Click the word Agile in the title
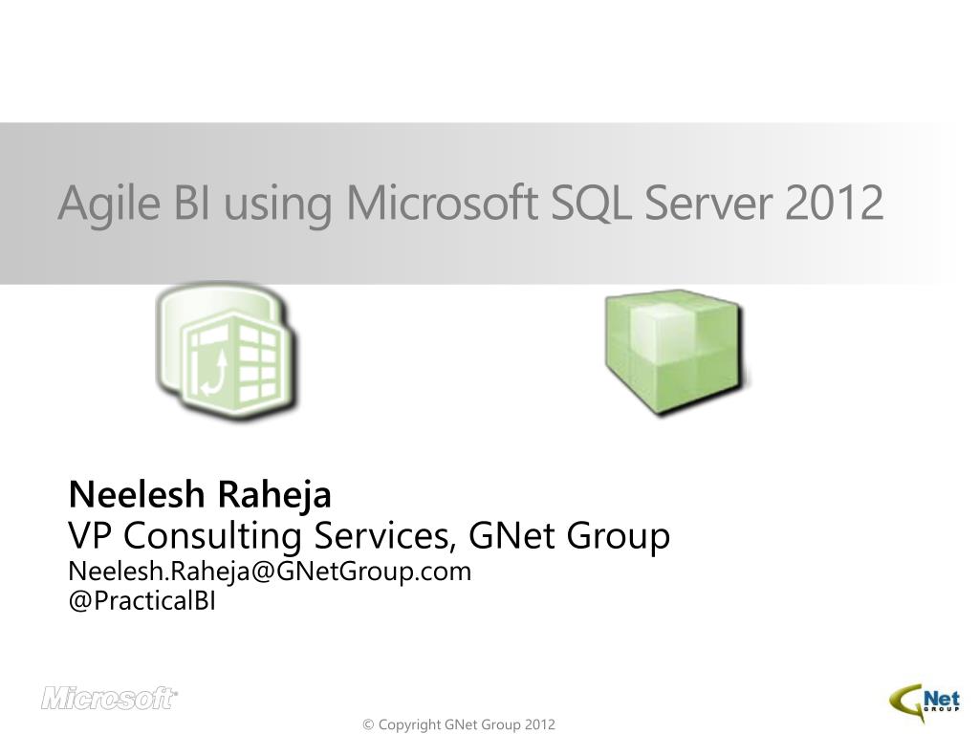pyautogui.click(x=109, y=204)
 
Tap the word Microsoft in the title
pyautogui.click(x=442, y=203)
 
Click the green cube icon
pyautogui.click(x=677, y=353)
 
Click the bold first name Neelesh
pyautogui.click(x=137, y=494)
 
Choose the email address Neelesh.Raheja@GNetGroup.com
pyautogui.click(x=270, y=572)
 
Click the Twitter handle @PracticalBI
pyautogui.click(x=141, y=601)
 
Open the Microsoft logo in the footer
pyautogui.click(x=109, y=699)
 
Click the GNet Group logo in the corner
pyautogui.click(x=925, y=704)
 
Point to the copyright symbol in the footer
pyautogui.click(x=368, y=724)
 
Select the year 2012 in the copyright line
pyautogui.click(x=539, y=724)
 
